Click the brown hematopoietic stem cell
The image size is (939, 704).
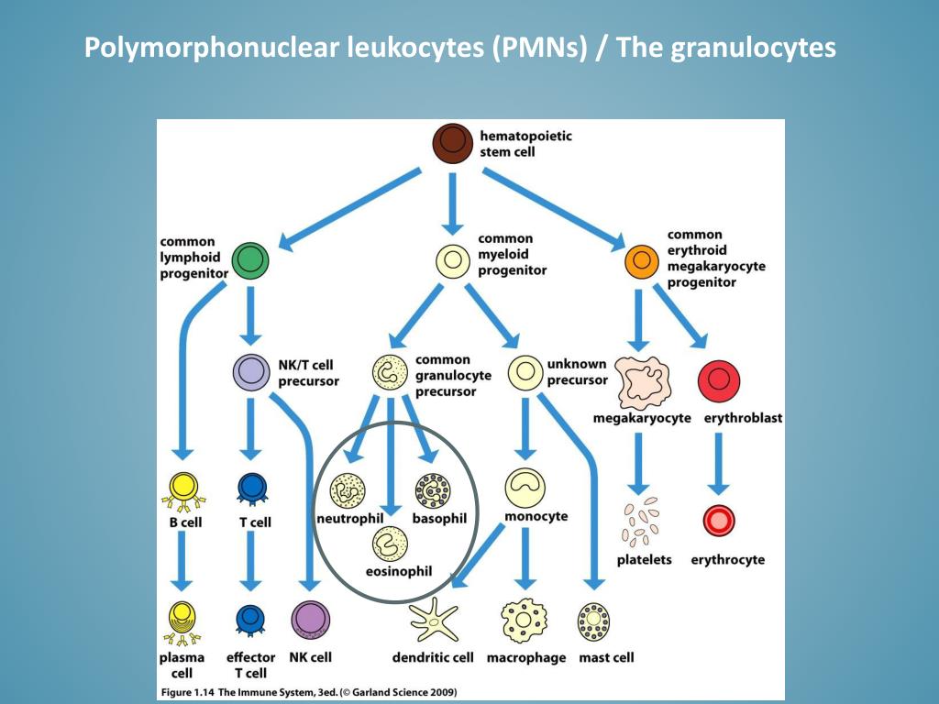(x=453, y=144)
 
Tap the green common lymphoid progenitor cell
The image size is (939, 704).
(x=250, y=261)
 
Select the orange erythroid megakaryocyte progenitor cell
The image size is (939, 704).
(x=641, y=261)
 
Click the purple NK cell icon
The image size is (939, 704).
(x=310, y=621)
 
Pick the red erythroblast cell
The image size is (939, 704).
(x=719, y=381)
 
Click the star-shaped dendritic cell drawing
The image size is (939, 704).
(x=434, y=621)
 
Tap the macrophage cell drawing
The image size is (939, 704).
(x=524, y=621)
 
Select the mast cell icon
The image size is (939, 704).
(x=593, y=622)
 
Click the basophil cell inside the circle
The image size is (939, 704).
(x=433, y=491)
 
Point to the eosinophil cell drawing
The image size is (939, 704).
(x=390, y=544)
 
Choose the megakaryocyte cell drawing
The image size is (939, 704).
(x=643, y=383)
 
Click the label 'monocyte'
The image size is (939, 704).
(x=536, y=516)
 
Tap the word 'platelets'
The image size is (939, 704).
(x=645, y=560)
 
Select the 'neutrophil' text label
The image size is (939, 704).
(x=349, y=519)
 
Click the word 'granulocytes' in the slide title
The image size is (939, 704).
(x=753, y=48)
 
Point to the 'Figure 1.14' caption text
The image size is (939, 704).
(x=188, y=692)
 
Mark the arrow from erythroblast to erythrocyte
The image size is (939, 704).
(x=719, y=463)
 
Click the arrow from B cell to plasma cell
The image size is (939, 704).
(x=182, y=561)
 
